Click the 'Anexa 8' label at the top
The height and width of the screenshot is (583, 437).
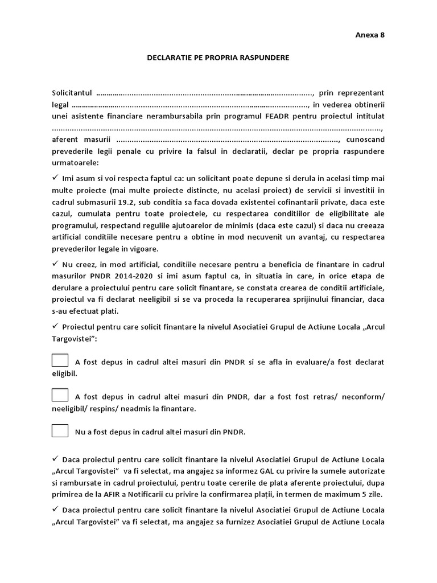(370, 34)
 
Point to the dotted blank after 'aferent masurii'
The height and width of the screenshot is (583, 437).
(227, 140)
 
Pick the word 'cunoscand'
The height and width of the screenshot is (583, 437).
(365, 140)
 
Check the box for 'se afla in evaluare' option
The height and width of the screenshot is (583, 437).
(60, 360)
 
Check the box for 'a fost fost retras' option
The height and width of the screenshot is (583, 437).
(60, 396)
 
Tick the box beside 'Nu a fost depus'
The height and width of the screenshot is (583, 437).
(60, 430)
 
